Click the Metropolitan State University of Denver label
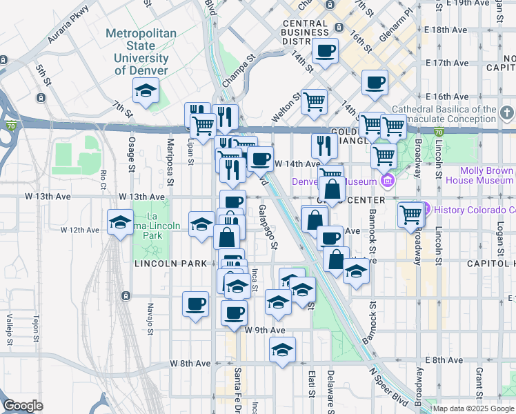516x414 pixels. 141,52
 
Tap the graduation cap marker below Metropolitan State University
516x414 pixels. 146,90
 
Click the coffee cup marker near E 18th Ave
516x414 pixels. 325,50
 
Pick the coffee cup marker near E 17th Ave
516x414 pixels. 375,83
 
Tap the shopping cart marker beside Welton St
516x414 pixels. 314,101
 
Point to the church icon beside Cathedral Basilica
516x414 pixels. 507,112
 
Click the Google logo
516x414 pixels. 23,405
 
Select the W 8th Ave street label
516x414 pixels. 191,363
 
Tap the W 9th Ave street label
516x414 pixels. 264,331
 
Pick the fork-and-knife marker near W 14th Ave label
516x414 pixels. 322,146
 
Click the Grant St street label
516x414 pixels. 478,382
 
